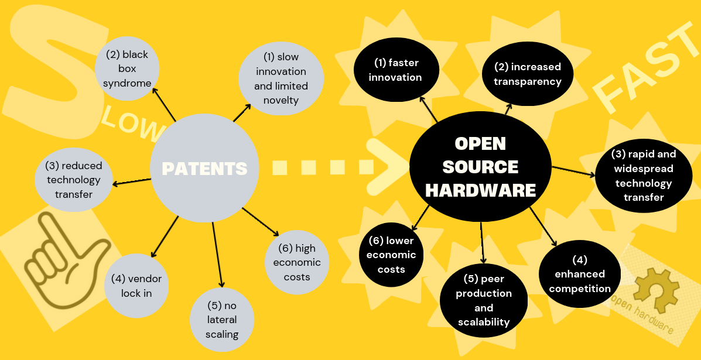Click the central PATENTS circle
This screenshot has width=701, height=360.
click(x=204, y=169)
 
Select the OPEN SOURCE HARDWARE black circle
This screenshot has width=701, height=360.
click(x=480, y=166)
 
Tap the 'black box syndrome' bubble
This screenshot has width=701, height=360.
click(x=127, y=68)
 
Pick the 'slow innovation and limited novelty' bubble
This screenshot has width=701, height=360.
click(x=281, y=78)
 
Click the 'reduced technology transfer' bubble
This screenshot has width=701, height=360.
click(x=74, y=180)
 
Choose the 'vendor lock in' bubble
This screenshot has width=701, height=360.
click(x=136, y=285)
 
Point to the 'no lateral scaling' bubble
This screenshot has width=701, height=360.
click(x=222, y=320)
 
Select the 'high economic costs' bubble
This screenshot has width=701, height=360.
click(x=297, y=262)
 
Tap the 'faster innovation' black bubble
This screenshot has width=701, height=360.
click(x=395, y=70)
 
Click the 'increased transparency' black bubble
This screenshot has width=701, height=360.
click(x=527, y=74)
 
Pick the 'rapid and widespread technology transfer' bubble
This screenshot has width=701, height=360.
click(x=643, y=176)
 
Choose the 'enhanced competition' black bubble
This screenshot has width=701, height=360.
click(x=580, y=273)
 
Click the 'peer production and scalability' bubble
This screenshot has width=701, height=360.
click(x=484, y=300)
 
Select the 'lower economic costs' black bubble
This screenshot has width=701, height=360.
click(x=391, y=255)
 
